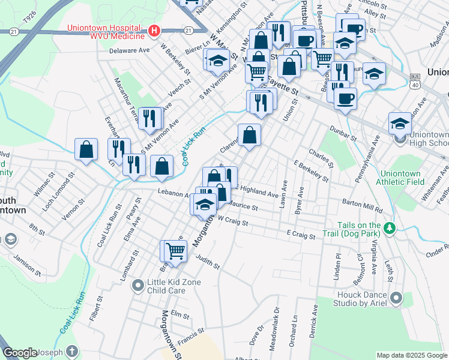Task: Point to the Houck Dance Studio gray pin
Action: [396, 298]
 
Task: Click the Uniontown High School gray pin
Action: [400, 140]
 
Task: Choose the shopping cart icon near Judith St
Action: [175, 250]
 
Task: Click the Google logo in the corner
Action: [20, 353]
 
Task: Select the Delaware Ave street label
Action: [129, 51]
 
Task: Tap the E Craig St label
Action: [301, 235]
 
